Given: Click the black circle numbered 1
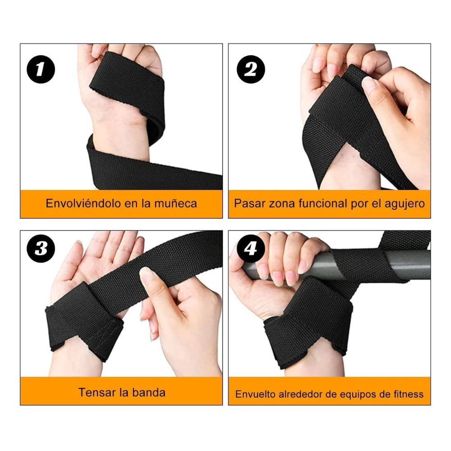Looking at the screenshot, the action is [x=41, y=69].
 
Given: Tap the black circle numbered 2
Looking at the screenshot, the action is [x=251, y=69].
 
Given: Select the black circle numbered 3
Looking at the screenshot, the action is [x=41, y=249].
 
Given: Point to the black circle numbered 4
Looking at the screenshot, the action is [x=251, y=249].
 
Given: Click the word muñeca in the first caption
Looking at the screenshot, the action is [x=175, y=203].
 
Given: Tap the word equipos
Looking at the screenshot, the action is [x=359, y=394].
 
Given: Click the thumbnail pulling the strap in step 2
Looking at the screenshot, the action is [x=369, y=83].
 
